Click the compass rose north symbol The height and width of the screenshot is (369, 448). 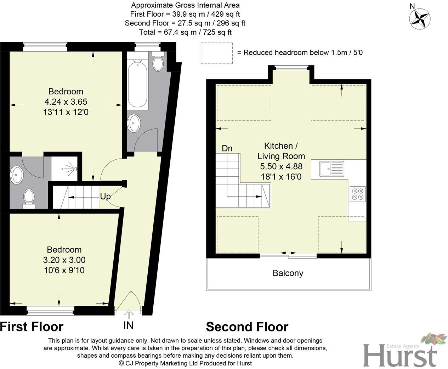click(x=420, y=18)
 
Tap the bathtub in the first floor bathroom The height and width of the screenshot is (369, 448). click(x=137, y=84)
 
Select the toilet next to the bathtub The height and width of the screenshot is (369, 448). click(x=158, y=62)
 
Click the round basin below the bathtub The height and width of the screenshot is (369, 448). click(x=134, y=123)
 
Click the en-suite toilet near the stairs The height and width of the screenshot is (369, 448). click(x=29, y=198)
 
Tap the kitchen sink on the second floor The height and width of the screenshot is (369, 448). click(x=331, y=169)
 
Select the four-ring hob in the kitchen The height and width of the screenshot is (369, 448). click(x=357, y=194)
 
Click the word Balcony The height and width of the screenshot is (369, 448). click(x=288, y=273)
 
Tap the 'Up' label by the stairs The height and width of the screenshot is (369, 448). click(x=105, y=196)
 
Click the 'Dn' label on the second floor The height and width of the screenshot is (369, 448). click(x=227, y=148)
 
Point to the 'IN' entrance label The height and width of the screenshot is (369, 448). click(x=129, y=325)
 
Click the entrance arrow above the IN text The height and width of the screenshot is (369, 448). click(x=129, y=314)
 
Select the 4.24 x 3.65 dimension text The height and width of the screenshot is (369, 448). click(x=66, y=102)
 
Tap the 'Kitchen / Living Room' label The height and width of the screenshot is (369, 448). click(x=281, y=151)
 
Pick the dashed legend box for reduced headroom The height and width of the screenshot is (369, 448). click(x=216, y=53)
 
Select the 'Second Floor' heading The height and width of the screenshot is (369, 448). click(x=247, y=326)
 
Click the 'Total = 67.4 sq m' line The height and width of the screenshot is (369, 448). click(x=185, y=32)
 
